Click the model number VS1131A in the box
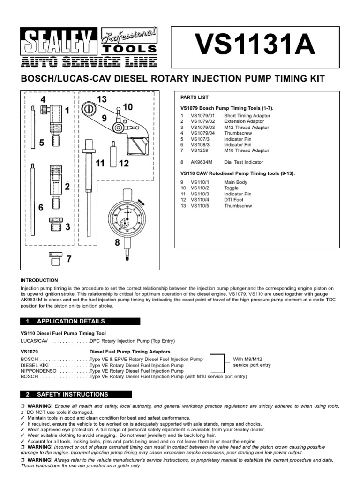point(255,47)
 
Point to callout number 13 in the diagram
point(102,98)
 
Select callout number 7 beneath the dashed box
point(69,259)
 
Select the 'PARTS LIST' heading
point(195,97)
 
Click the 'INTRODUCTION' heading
point(39,280)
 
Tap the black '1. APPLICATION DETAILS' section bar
point(80,322)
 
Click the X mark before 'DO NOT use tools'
point(23,412)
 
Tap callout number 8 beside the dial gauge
point(118,242)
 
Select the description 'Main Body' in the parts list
point(235,182)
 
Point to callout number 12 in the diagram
point(123,164)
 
